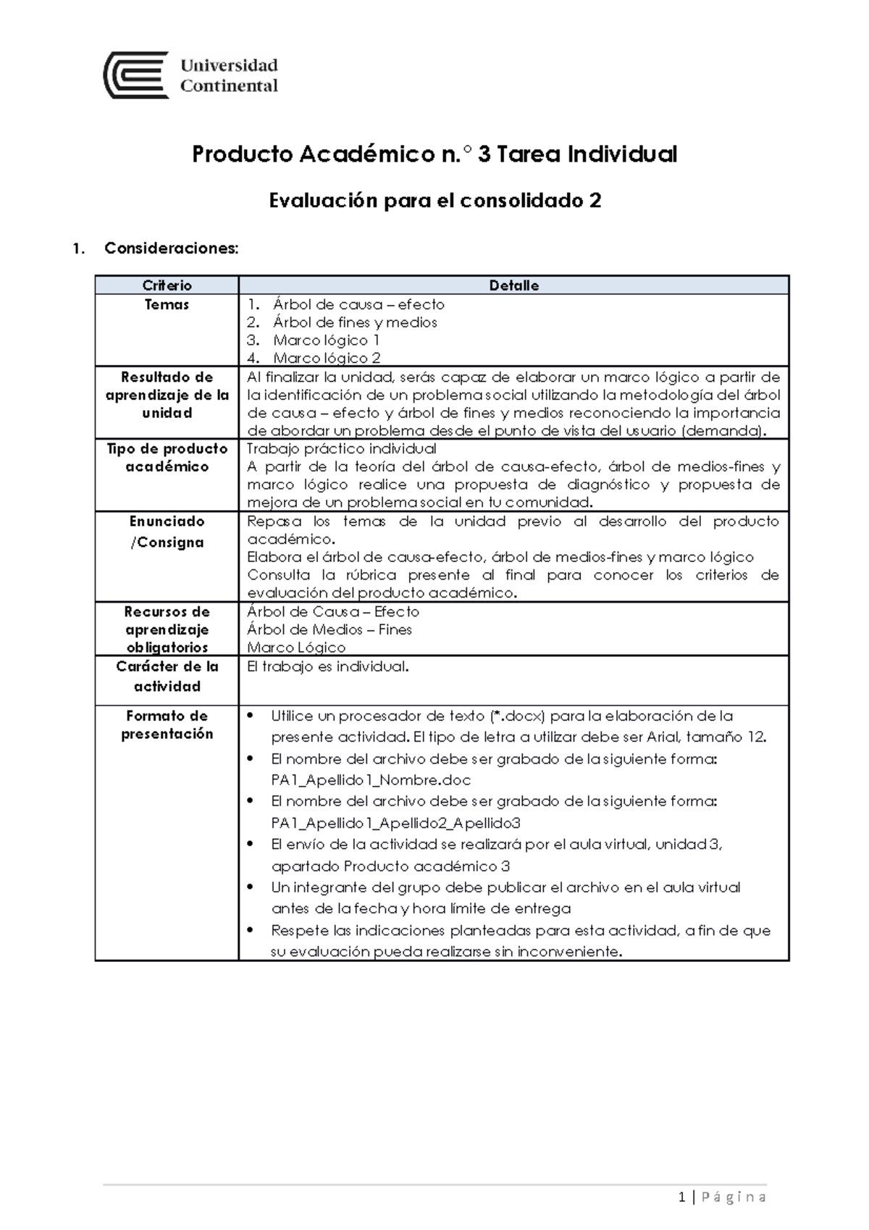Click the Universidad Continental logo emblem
(x=136, y=75)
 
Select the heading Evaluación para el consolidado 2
(x=434, y=201)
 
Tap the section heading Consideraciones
(x=171, y=248)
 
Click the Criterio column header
(x=167, y=285)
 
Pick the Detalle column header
(x=513, y=285)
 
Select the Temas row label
(x=167, y=305)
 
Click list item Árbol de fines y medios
(x=355, y=322)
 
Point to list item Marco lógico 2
(x=327, y=358)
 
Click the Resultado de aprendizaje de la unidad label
(x=167, y=395)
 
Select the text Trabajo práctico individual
(x=342, y=449)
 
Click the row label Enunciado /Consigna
(x=167, y=532)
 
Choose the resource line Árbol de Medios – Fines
(x=329, y=629)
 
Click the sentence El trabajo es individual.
(x=328, y=666)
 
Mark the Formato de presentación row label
(x=167, y=724)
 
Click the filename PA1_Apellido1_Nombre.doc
(x=371, y=780)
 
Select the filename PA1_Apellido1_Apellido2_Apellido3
(x=395, y=823)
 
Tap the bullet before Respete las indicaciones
(x=251, y=930)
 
